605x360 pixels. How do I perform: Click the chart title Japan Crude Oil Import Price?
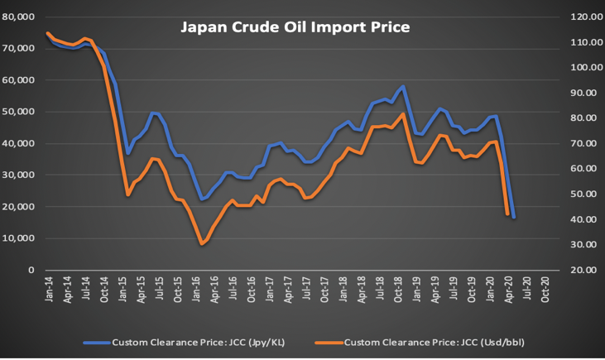click(x=295, y=28)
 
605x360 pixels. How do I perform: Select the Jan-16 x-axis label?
click(x=199, y=288)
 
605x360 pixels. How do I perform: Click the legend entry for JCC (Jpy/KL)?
click(x=199, y=341)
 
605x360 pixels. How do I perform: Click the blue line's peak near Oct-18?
click(x=403, y=86)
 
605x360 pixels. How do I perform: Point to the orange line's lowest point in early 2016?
click(x=201, y=244)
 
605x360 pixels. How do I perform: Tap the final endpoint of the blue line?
click(x=513, y=218)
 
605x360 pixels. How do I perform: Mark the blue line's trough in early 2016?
click(x=201, y=199)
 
